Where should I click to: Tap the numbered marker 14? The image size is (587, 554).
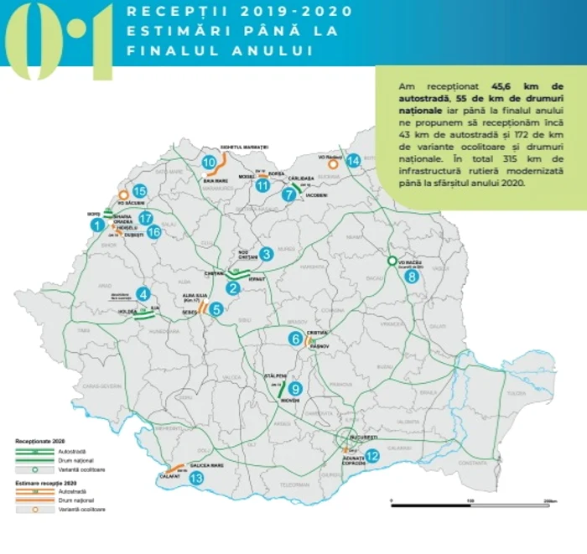[353, 160]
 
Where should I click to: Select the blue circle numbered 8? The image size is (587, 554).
[411, 276]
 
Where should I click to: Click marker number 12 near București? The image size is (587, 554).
[372, 456]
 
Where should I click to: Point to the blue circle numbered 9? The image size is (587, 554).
[294, 388]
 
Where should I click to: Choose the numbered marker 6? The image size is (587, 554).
[294, 339]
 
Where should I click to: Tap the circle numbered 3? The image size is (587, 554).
[265, 253]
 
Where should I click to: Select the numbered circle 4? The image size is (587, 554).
[144, 293]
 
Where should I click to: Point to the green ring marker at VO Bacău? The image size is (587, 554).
[392, 261]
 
